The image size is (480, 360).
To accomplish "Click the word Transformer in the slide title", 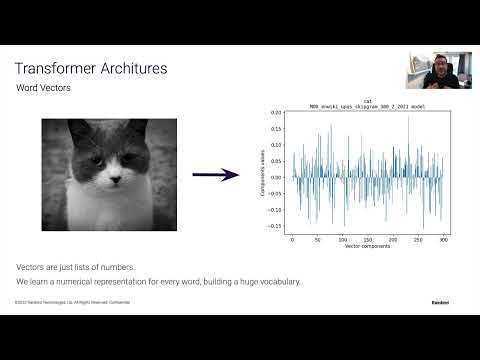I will click(x=56, y=69).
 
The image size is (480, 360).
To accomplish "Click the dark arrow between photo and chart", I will click(x=215, y=175).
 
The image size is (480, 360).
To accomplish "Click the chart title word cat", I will click(x=367, y=101).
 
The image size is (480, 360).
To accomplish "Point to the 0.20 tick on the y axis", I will click(x=277, y=113).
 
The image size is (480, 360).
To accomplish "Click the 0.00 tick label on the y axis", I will click(x=277, y=177).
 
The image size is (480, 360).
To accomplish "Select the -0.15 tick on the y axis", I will click(x=276, y=226).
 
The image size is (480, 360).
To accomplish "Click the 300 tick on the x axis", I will click(x=444, y=241).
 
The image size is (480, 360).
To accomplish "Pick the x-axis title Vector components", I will click(x=367, y=247).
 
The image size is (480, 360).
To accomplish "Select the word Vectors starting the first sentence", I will click(x=29, y=268).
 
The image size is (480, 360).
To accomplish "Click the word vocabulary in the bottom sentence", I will click(x=279, y=281).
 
